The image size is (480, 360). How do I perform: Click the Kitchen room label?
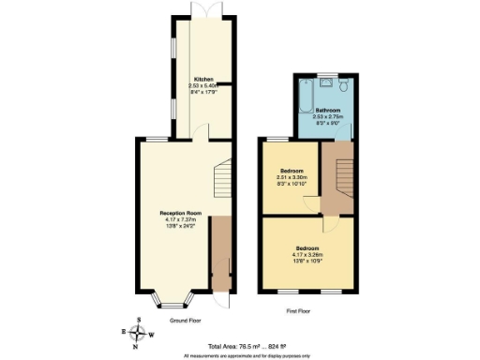203,78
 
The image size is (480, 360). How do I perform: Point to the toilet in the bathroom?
345,86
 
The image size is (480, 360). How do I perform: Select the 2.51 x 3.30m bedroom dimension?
292,177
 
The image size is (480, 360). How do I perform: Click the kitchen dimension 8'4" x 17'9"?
203,91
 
